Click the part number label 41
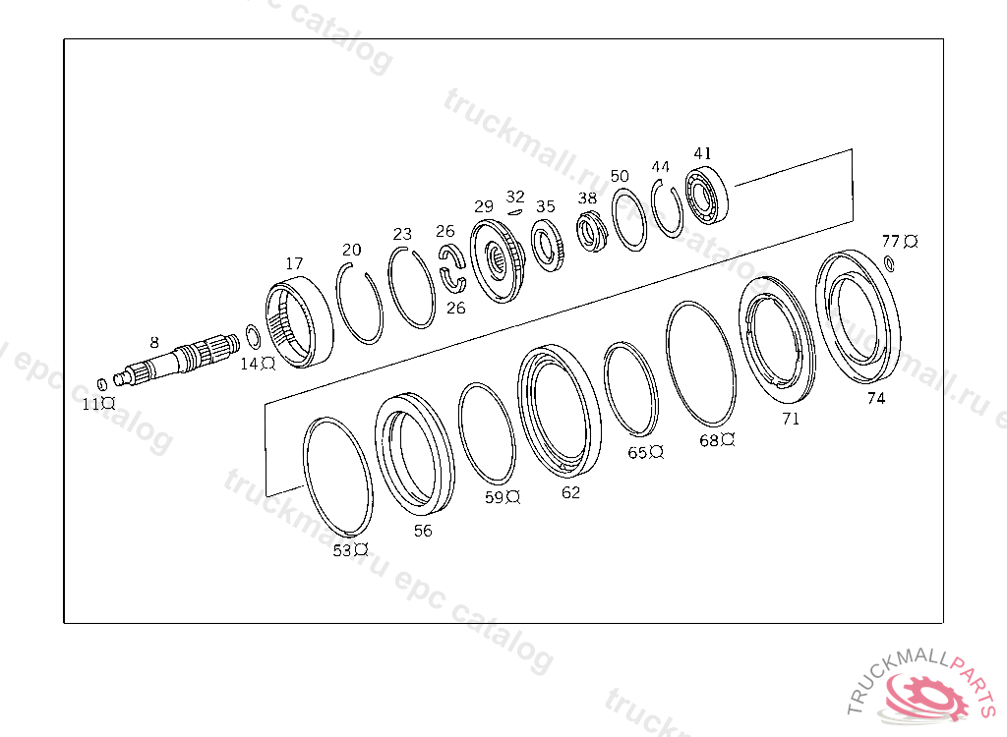(702, 153)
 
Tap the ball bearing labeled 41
(708, 196)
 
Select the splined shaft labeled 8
(175, 361)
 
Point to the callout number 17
(294, 264)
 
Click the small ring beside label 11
(101, 384)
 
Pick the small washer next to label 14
(253, 335)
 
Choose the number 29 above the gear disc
(484, 206)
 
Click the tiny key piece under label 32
(514, 210)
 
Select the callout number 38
(587, 198)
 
